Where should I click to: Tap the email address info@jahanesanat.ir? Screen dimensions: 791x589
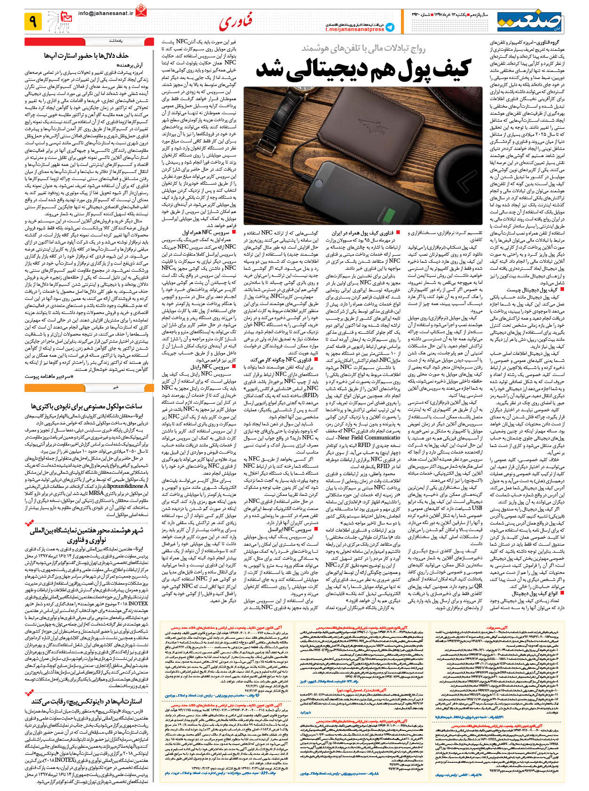106,14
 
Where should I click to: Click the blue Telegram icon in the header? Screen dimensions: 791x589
390,27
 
